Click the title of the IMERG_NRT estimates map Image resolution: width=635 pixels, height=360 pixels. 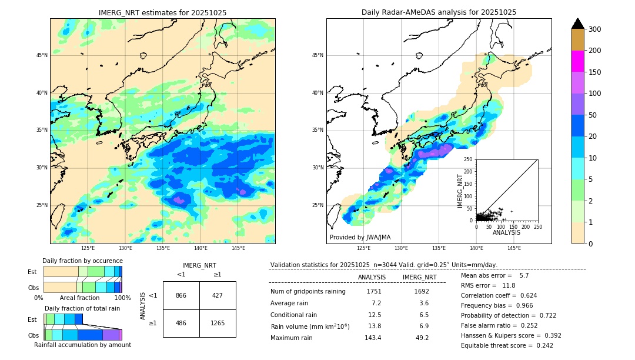[x=162, y=12]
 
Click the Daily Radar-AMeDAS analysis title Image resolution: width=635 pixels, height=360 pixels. [x=439, y=12]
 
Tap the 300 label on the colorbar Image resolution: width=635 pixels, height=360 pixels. [x=595, y=29]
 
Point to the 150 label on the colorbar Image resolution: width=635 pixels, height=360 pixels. [x=595, y=72]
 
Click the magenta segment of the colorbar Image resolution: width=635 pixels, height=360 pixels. [x=578, y=61]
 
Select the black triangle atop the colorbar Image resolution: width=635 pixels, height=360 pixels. [x=578, y=24]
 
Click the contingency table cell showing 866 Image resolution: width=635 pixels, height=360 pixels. [x=181, y=295]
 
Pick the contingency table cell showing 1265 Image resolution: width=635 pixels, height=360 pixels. [x=218, y=323]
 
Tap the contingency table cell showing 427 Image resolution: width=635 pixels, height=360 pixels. [x=218, y=295]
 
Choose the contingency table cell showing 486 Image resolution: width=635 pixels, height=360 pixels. [x=181, y=323]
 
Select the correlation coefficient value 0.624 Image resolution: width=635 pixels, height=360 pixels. [x=523, y=295]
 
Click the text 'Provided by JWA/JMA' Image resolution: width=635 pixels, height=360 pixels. [x=360, y=237]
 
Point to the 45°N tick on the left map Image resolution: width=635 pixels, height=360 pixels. [x=42, y=55]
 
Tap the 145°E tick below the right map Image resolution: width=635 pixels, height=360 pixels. [x=514, y=248]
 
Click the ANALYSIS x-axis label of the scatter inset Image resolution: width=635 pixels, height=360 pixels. [x=506, y=232]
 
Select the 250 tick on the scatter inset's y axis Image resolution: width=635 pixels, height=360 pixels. [x=469, y=159]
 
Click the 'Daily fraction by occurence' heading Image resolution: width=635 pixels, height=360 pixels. [x=82, y=261]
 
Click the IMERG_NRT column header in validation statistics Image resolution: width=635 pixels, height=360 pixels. [x=419, y=277]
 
